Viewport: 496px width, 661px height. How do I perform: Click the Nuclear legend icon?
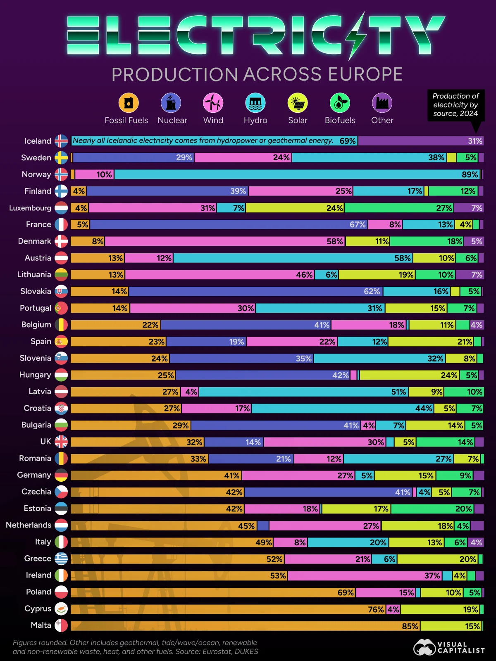click(x=171, y=103)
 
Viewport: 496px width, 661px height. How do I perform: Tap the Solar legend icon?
click(x=298, y=103)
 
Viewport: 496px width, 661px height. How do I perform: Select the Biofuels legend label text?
click(x=340, y=121)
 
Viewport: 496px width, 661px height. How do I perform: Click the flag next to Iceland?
click(x=61, y=141)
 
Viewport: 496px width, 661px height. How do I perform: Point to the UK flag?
click(x=61, y=442)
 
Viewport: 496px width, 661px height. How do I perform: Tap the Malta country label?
click(x=41, y=625)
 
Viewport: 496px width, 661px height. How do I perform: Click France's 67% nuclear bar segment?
click(x=229, y=225)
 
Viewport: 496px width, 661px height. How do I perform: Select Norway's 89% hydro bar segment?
click(x=297, y=174)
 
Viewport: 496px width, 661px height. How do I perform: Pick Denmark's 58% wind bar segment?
click(x=225, y=241)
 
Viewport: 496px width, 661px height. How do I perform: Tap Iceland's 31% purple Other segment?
click(x=421, y=141)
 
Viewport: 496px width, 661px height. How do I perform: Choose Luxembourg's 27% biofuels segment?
click(x=399, y=208)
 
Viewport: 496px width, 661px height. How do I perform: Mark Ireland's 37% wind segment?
click(x=365, y=576)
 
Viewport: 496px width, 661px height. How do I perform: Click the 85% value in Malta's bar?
click(x=410, y=626)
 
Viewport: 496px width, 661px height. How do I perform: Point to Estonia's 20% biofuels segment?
click(x=432, y=509)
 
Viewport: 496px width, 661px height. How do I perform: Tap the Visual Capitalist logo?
click(x=449, y=647)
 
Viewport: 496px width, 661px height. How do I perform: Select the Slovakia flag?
click(x=61, y=291)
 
